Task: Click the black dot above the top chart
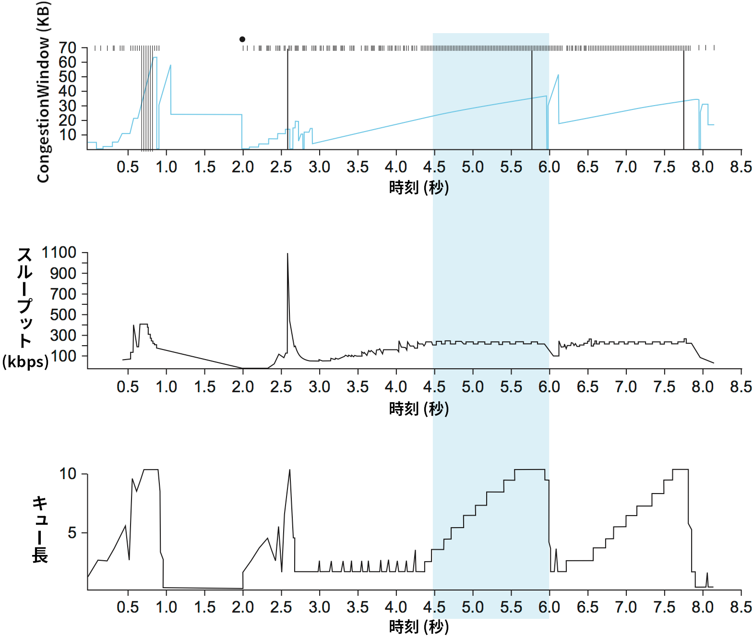[242, 39]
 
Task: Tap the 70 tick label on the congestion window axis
[68, 48]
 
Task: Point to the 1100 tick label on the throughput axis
[59, 253]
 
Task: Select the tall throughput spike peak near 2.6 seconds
[287, 254]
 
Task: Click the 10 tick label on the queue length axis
[68, 474]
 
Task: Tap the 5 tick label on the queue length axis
[72, 532]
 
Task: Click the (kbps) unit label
[25, 362]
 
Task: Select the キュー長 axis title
[40, 530]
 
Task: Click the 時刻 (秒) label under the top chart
[418, 188]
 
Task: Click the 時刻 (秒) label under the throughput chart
[418, 409]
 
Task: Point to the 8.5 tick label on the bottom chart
[741, 607]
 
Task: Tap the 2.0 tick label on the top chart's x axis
[243, 167]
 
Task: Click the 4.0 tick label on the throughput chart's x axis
[396, 387]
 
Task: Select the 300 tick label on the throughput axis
[63, 335]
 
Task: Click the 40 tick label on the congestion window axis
[68, 91]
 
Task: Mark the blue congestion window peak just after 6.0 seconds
[558, 75]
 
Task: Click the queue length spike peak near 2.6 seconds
[289, 470]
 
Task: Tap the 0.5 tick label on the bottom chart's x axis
[128, 607]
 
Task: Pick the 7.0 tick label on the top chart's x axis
[626, 167]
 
